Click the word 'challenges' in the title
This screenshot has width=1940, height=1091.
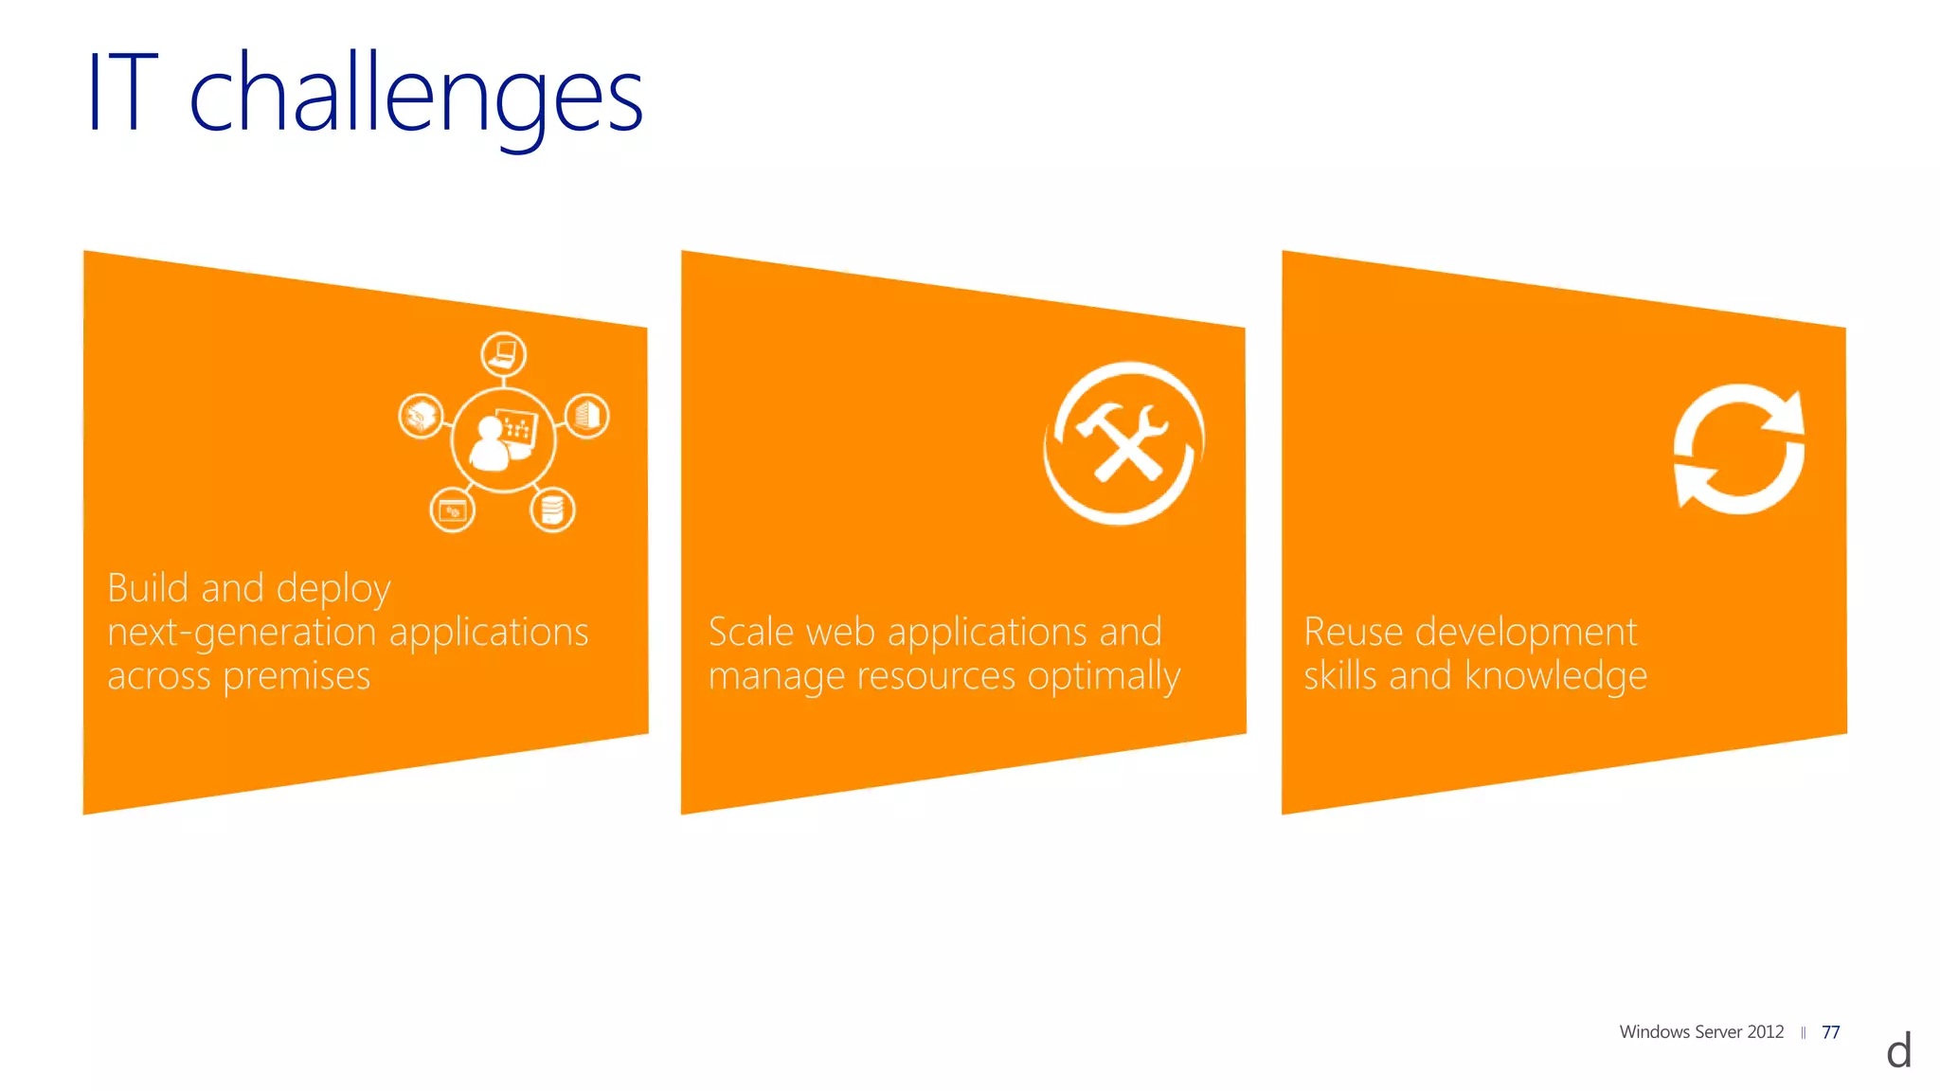pyautogui.click(x=416, y=95)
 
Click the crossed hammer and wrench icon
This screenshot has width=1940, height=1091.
pyautogui.click(x=1123, y=442)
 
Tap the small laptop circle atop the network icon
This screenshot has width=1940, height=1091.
pyautogui.click(x=503, y=355)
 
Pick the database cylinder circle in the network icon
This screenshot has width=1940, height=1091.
pyautogui.click(x=552, y=510)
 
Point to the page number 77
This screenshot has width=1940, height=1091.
pyautogui.click(x=1830, y=1032)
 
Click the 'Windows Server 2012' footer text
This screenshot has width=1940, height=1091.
pyautogui.click(x=1701, y=1032)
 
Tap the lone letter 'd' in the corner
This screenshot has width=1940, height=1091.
pyautogui.click(x=1898, y=1051)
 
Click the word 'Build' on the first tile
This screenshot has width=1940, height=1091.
pyautogui.click(x=148, y=588)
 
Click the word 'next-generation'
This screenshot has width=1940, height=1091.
pyautogui.click(x=242, y=633)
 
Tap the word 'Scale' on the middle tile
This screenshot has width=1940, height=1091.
pyautogui.click(x=750, y=632)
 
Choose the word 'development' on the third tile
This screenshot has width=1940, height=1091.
pyautogui.click(x=1526, y=633)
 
